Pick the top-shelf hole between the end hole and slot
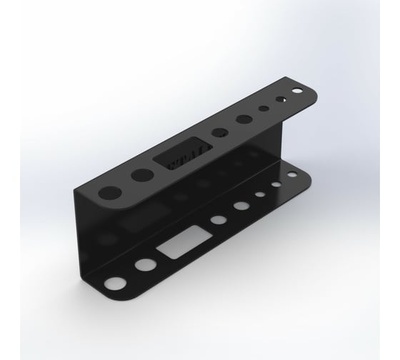[x=140, y=176]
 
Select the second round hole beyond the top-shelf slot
[x=244, y=119]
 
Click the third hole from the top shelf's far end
[x=264, y=109]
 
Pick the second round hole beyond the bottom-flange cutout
[x=239, y=206]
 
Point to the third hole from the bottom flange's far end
[x=257, y=196]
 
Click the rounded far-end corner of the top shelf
[x=309, y=87]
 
